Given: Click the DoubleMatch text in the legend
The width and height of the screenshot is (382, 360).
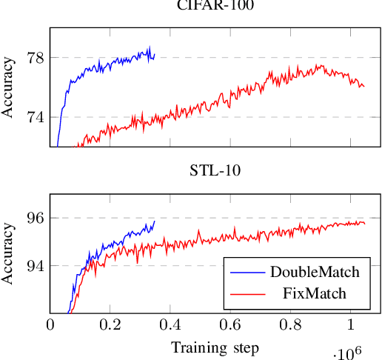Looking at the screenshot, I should (x=315, y=272).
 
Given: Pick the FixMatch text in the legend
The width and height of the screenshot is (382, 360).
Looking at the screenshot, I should (x=315, y=295).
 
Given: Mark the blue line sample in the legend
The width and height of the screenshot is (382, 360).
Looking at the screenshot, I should (x=247, y=272).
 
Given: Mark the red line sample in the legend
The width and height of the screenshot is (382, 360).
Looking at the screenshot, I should (x=247, y=295).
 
